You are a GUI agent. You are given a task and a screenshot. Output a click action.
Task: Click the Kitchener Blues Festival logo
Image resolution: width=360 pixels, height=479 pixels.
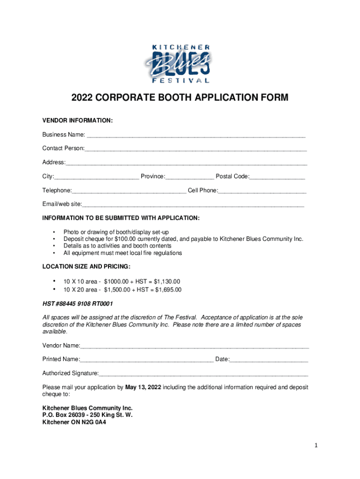coord(180,63)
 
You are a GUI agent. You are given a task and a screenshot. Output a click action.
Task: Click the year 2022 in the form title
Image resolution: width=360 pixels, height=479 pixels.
coord(82,98)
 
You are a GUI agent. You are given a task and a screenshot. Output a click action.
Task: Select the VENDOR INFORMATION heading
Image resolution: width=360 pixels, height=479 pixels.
coord(77,121)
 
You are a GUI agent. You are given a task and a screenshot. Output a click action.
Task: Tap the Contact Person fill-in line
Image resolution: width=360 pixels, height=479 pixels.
coord(196,149)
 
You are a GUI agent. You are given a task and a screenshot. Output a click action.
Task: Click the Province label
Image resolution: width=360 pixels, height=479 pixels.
coord(152,176)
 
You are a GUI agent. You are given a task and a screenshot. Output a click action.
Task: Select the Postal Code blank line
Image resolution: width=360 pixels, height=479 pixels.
coord(277,177)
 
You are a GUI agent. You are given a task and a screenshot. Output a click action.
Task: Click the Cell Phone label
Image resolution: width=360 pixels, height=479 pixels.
coord(202,190)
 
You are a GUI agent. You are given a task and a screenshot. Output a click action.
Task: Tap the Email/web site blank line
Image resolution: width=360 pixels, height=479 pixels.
coord(193,205)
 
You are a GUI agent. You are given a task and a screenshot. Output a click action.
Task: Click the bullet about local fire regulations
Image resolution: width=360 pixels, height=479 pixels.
coord(122,253)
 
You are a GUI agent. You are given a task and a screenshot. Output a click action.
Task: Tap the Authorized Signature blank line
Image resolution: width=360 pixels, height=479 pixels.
coord(203,374)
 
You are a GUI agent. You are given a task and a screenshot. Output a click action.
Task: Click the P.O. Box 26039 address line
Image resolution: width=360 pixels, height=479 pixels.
coord(87,415)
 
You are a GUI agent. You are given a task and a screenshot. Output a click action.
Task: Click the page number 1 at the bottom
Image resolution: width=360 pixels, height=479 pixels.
coord(316,446)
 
